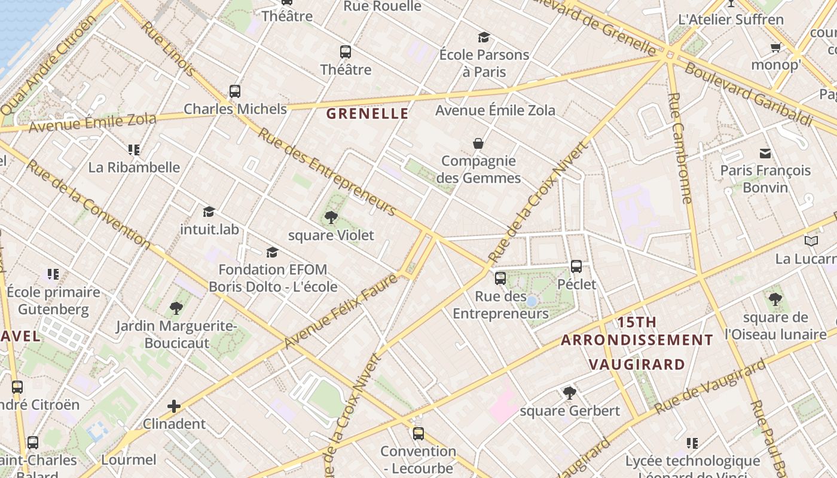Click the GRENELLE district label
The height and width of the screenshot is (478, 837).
click(x=368, y=114)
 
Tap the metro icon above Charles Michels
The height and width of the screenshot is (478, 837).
click(x=235, y=91)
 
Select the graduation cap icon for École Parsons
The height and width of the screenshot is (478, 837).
click(x=484, y=37)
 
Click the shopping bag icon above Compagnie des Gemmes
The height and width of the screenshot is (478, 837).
click(x=478, y=143)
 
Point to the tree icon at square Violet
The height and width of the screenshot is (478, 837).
click(x=331, y=217)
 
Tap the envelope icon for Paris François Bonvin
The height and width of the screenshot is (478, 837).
click(x=765, y=153)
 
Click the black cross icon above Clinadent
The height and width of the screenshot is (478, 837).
click(x=174, y=407)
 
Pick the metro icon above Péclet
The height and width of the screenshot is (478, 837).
click(x=576, y=266)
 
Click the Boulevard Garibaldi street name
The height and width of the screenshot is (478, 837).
click(x=747, y=94)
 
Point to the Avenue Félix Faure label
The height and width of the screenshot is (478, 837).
click(x=340, y=311)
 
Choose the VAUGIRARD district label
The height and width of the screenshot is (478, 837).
click(x=637, y=364)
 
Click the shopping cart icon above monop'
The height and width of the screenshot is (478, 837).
click(x=775, y=47)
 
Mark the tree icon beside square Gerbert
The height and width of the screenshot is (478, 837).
click(x=570, y=393)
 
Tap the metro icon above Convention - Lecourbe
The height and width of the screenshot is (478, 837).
click(x=418, y=434)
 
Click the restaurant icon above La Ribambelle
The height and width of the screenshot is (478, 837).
click(x=134, y=149)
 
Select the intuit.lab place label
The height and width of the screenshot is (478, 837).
click(x=209, y=229)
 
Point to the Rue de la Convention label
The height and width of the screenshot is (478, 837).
click(x=89, y=204)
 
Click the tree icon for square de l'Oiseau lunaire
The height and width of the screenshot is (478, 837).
click(x=775, y=299)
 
